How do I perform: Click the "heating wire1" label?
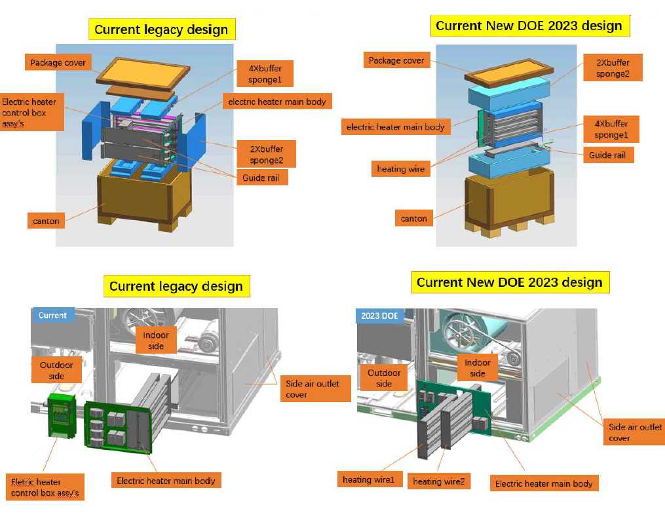pos(369,480)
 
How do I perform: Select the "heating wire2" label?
pos(438,481)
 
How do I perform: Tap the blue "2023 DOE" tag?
pos(379,316)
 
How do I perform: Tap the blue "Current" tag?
pos(52,315)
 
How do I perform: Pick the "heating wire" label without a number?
pos(401,169)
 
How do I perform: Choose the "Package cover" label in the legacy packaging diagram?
pos(58,63)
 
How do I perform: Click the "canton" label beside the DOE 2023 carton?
pos(413,219)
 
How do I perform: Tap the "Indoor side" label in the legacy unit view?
pos(156,341)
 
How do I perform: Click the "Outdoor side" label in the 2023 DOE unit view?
pos(384,378)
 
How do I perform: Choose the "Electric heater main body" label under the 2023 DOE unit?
pos(544,483)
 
